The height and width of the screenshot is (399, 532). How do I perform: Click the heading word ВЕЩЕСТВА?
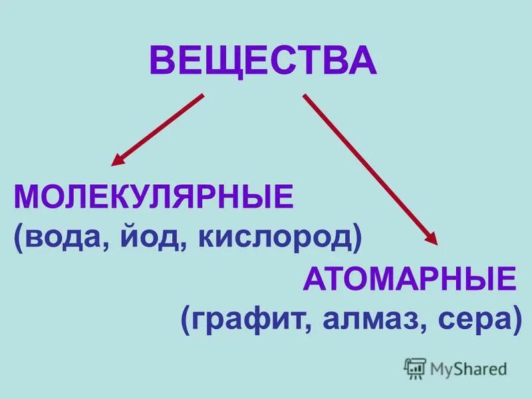click(263, 62)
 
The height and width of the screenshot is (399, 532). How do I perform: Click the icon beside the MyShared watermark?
click(415, 368)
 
